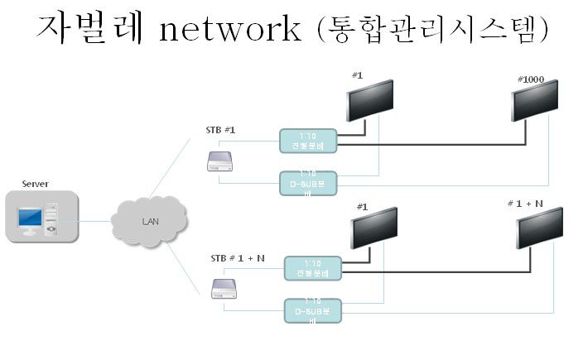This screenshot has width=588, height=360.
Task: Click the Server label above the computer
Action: [x=35, y=183]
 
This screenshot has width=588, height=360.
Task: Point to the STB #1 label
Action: [x=221, y=130]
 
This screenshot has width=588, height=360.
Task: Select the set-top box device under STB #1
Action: [x=221, y=163]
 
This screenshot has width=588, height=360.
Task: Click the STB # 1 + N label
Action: [x=238, y=258]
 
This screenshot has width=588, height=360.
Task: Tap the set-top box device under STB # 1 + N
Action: [x=224, y=289]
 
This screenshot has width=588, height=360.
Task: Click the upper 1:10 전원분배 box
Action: [x=308, y=140]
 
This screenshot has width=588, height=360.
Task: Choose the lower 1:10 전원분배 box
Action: [x=312, y=268]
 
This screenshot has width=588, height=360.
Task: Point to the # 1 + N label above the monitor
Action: [x=525, y=203]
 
